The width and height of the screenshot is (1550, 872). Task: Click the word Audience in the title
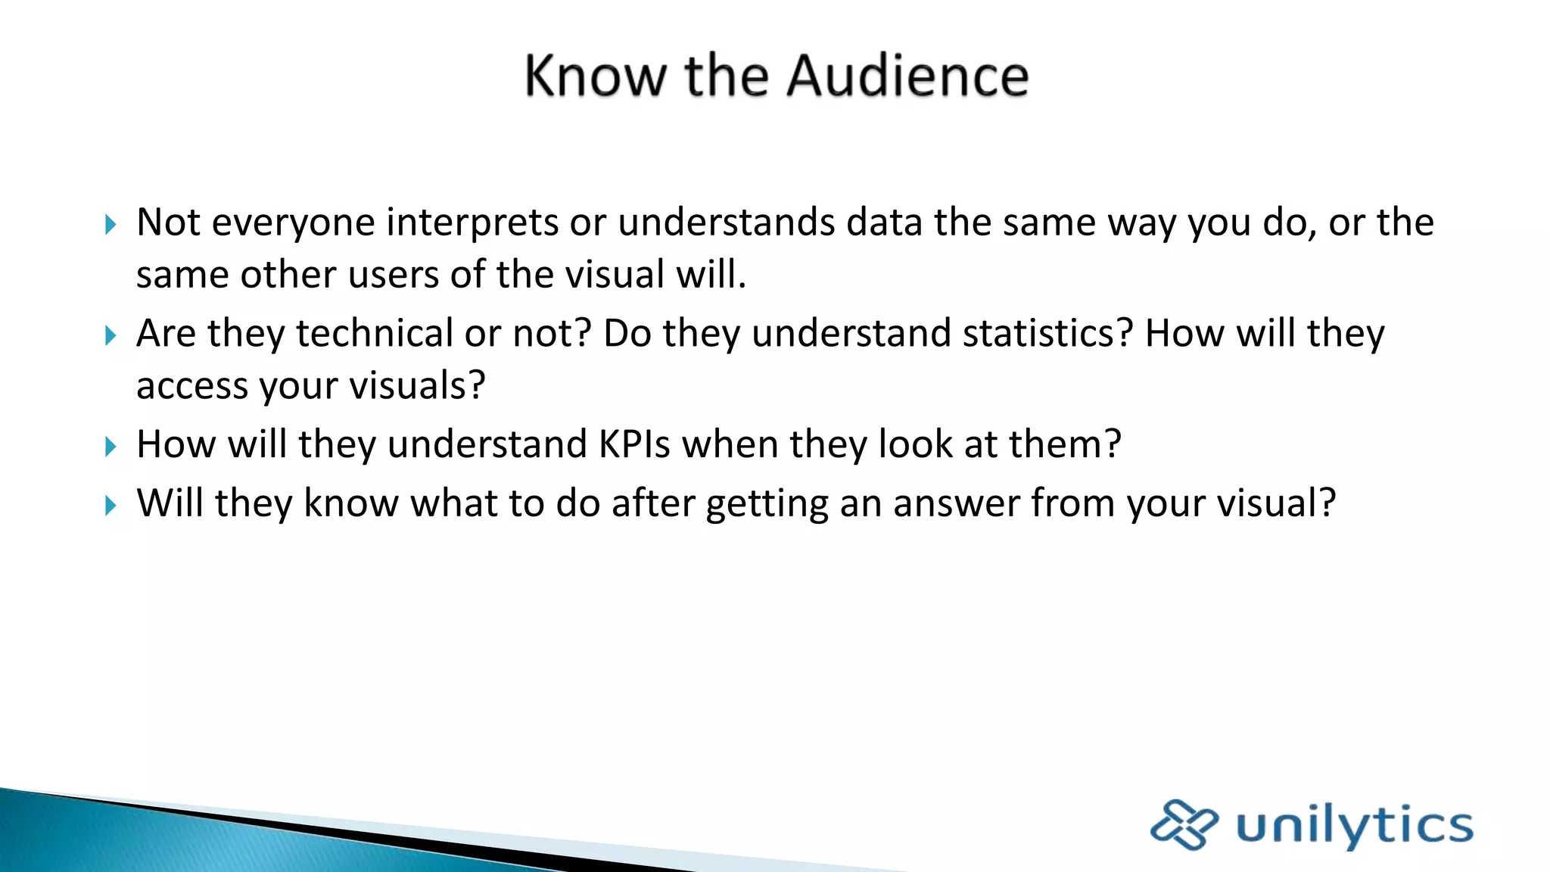907,76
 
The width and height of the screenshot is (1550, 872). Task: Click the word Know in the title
596,76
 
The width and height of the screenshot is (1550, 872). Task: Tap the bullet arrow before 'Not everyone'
110,224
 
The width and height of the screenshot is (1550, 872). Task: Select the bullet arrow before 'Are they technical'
110,335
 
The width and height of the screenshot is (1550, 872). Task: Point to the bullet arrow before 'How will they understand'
110,447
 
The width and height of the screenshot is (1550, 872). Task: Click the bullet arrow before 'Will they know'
110,506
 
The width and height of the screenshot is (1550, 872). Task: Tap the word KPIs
634,444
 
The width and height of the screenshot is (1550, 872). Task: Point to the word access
192,387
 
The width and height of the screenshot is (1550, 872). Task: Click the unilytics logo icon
1184,824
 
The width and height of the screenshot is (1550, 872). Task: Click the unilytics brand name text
1354,826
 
